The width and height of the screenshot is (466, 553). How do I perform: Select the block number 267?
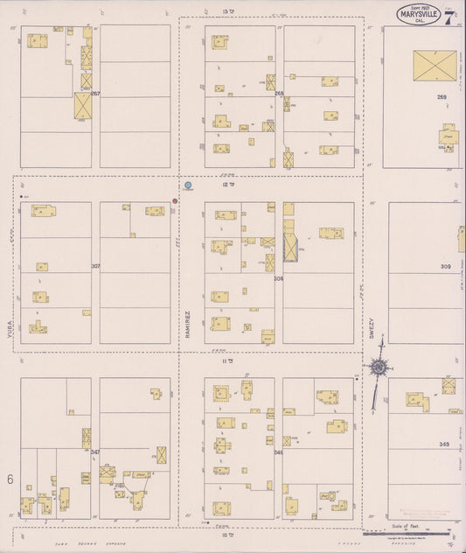[95, 93]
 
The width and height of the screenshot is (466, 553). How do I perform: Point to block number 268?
[279, 93]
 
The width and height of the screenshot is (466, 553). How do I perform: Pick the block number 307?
[95, 265]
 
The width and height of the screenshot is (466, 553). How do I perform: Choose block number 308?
[279, 278]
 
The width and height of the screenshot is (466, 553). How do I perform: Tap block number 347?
[94, 451]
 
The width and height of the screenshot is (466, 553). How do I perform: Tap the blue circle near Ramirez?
[188, 185]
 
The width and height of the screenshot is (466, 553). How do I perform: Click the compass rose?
[378, 367]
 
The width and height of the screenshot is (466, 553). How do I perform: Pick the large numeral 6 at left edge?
[10, 479]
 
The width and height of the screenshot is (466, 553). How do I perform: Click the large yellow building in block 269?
[435, 66]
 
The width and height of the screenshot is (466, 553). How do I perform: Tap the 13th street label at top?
[228, 11]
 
